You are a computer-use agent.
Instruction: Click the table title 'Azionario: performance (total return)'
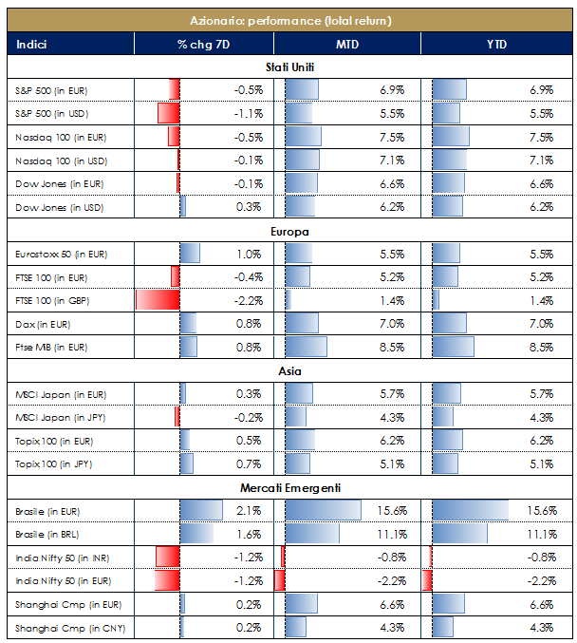pos(289,20)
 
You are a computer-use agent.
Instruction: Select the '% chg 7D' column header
pos(203,44)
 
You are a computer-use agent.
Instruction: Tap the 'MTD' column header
pos(346,44)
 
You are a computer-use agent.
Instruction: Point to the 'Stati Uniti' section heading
pos(289,67)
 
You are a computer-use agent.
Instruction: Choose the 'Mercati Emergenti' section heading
pos(289,488)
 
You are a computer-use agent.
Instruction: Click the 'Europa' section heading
pos(289,231)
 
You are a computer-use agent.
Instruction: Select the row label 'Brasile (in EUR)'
pos(48,511)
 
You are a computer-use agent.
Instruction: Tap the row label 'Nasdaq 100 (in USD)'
pos(62,161)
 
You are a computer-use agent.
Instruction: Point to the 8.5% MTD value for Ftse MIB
pos(392,348)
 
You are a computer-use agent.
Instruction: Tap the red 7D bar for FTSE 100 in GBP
pos(158,300)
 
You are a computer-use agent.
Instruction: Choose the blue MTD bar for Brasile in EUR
pos(323,511)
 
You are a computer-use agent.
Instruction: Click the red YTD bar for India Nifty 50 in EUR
pos(427,580)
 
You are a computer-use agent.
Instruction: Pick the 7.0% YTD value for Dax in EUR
pos(540,324)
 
